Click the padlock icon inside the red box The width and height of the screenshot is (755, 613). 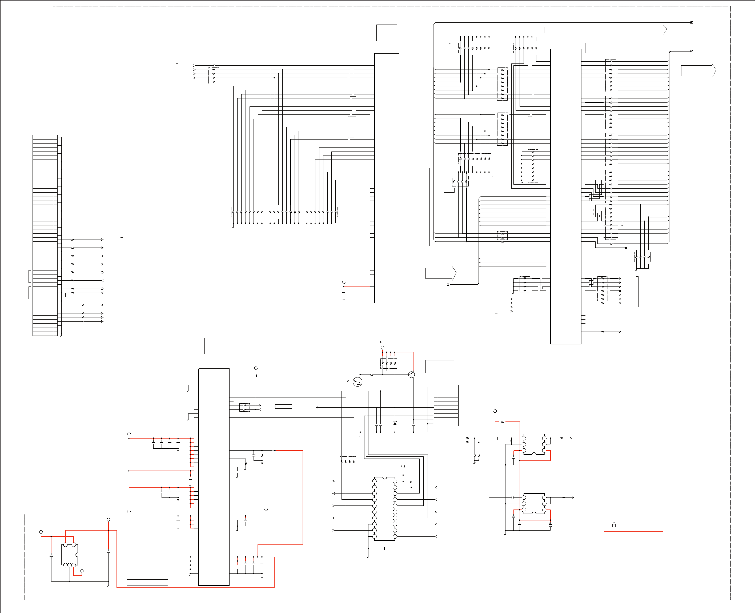coord(614,525)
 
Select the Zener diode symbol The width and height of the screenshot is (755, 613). coord(395,423)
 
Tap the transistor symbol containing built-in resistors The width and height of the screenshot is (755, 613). coord(358,382)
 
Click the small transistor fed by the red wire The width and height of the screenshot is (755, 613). coord(411,375)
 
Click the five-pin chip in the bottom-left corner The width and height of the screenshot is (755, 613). coord(70,555)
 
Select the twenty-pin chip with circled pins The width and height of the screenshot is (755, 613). coord(384,508)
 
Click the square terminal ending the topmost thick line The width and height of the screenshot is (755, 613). coord(692,23)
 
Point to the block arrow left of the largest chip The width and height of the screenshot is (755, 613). coord(441,274)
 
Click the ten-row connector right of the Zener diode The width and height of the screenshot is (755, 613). coord(446,405)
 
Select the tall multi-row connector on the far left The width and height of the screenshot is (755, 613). coord(45,235)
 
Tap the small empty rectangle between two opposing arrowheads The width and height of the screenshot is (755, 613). coord(283,407)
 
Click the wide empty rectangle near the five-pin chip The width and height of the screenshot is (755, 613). coord(147,583)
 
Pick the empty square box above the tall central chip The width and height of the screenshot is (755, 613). coord(387,33)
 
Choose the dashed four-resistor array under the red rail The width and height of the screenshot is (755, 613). coord(389,363)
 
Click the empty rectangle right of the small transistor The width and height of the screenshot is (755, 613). coord(440,367)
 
